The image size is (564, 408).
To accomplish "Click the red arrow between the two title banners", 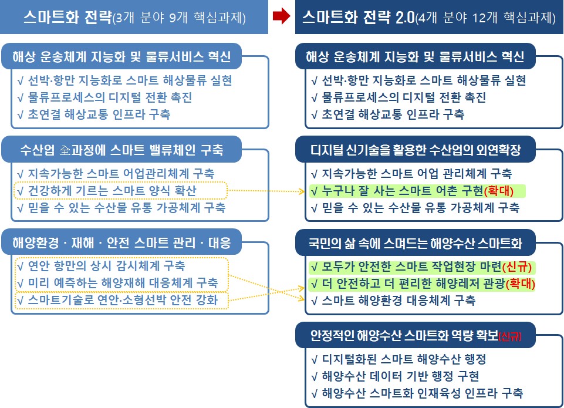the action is [x=281, y=16].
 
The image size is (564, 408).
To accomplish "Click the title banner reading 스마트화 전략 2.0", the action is [x=429, y=17].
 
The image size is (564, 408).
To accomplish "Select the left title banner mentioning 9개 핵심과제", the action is [x=134, y=17].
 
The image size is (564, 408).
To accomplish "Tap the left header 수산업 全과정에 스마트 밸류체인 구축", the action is [x=121, y=150].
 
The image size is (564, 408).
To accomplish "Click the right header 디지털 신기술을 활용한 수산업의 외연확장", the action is [x=416, y=150].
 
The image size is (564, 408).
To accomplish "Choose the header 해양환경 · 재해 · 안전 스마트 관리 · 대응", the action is [x=121, y=242].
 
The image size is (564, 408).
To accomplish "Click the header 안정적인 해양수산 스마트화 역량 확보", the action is [x=416, y=335].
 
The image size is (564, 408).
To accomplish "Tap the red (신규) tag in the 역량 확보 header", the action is [x=510, y=336].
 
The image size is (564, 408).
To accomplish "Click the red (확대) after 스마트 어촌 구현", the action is [x=499, y=191].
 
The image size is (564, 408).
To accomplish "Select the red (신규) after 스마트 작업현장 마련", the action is [x=517, y=267].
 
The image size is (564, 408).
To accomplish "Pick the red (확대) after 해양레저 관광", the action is [x=521, y=284].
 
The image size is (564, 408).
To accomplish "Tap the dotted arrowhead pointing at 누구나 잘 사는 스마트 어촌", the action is [x=302, y=191].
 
